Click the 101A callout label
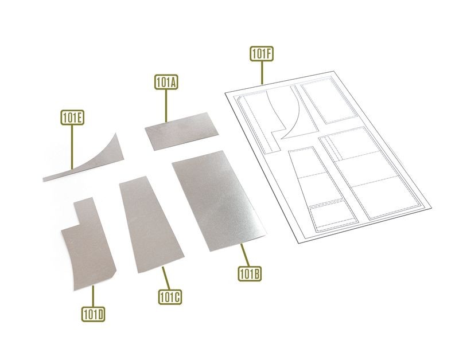[x=166, y=82]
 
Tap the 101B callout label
[x=250, y=274]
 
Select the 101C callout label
[x=170, y=297]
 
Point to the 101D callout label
[x=93, y=314]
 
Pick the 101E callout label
[x=72, y=118]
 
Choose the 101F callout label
[x=262, y=53]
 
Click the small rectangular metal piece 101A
[x=181, y=131]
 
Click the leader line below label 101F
[x=262, y=73]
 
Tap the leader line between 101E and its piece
[x=72, y=147]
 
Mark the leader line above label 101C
[x=166, y=278]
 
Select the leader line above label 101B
[x=245, y=255]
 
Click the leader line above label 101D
[x=93, y=296]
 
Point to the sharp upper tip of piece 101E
[x=116, y=134]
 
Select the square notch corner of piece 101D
[x=80, y=225]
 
